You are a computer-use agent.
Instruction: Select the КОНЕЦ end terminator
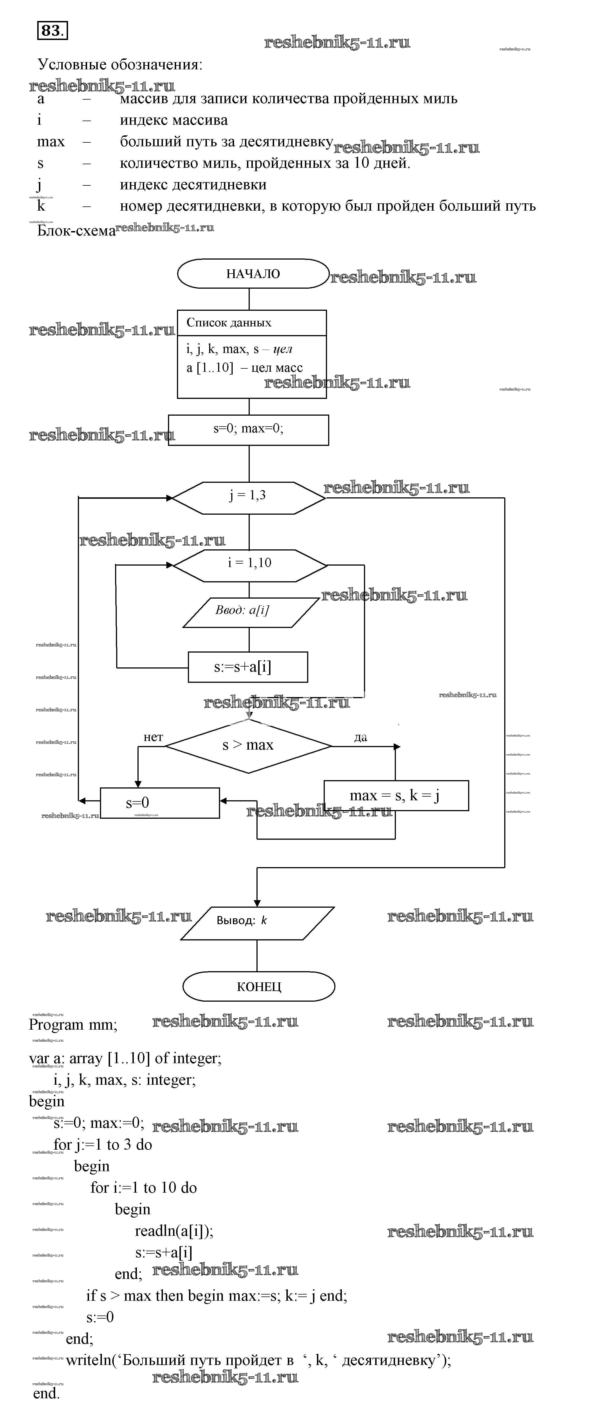coord(259,987)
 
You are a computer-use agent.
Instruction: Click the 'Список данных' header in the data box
coord(229,323)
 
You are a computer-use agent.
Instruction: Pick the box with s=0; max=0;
coord(248,429)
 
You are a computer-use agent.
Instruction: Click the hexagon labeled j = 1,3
coord(248,495)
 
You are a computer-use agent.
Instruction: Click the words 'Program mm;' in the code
coord(73,1025)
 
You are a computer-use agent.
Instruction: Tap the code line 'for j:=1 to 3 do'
coord(102,1145)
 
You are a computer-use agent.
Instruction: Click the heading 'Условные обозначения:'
coord(120,65)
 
